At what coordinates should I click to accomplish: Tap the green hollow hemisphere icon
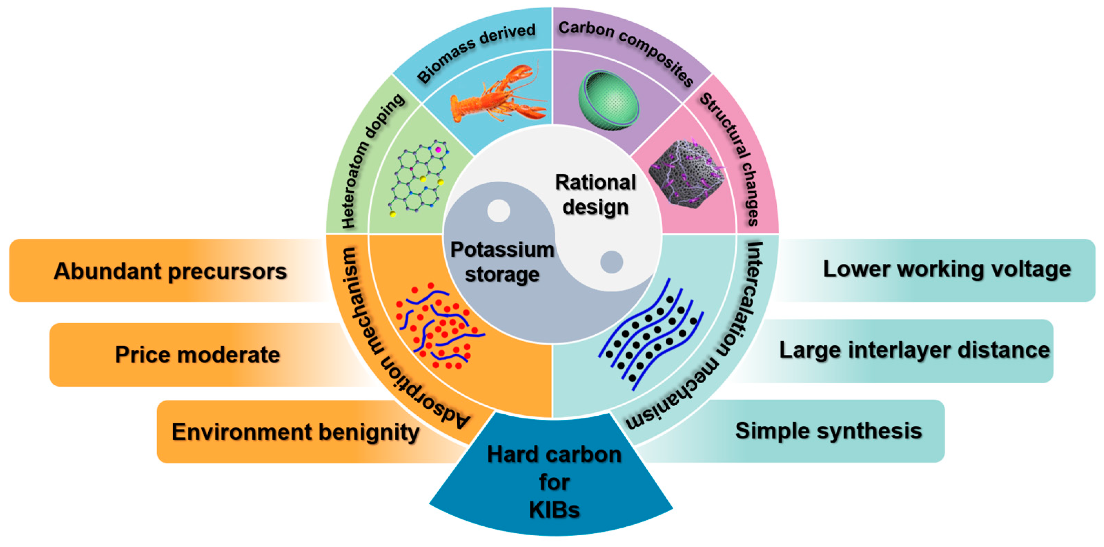(609, 101)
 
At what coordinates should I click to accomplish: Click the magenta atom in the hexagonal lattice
(438, 150)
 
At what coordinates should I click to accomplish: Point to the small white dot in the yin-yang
(498, 211)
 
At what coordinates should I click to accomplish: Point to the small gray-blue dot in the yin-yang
(611, 262)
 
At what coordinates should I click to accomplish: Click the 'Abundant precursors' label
(170, 271)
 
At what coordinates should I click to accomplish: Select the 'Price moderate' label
(197, 355)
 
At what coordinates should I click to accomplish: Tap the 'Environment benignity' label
(295, 432)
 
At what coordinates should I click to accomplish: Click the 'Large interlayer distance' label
(914, 350)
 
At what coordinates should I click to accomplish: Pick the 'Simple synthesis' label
(828, 430)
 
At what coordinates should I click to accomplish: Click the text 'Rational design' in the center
(595, 194)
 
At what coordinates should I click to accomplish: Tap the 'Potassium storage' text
(502, 262)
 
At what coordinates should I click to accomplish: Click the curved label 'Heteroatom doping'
(371, 161)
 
